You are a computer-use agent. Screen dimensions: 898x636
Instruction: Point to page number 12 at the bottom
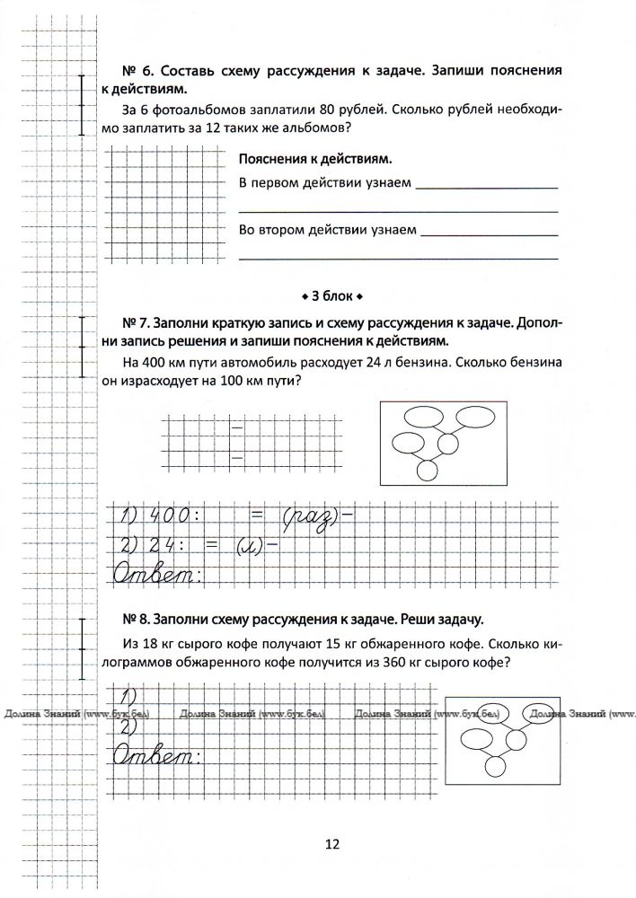point(331,844)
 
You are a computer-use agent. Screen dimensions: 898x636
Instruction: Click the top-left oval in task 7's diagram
point(420,416)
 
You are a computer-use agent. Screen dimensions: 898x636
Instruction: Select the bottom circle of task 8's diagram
point(495,766)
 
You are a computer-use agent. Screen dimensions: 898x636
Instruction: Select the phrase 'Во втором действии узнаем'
point(327,229)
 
